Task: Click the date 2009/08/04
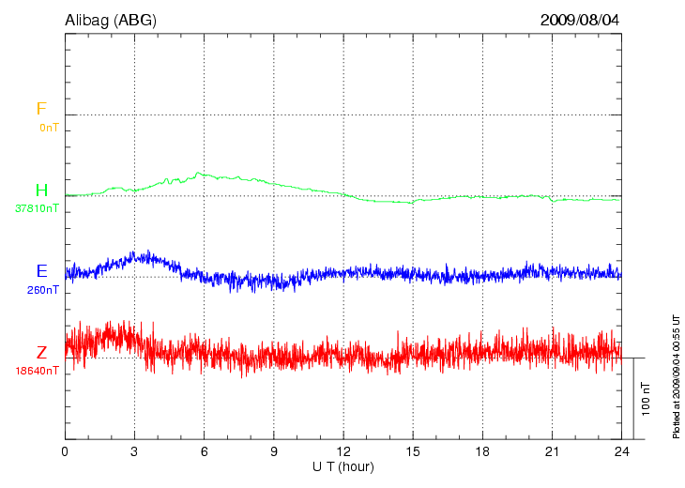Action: [x=580, y=19]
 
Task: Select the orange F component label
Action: [x=41, y=109]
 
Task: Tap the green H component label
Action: [x=41, y=191]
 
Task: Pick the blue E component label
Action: [x=41, y=271]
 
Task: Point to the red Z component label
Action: [x=41, y=353]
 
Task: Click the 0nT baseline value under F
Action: [x=49, y=127]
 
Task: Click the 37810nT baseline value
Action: [x=38, y=208]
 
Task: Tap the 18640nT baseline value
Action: [x=38, y=371]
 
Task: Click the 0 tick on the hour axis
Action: [x=65, y=452]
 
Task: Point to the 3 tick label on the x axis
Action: [x=134, y=452]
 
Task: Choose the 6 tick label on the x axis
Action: [x=205, y=452]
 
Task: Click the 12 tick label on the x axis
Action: [x=343, y=452]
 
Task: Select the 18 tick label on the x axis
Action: [x=482, y=452]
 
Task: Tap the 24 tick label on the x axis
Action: [x=621, y=452]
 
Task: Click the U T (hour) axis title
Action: [x=343, y=466]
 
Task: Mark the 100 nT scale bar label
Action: [x=646, y=398]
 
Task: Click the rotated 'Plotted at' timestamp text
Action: [x=676, y=375]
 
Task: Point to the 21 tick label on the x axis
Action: [x=552, y=452]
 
